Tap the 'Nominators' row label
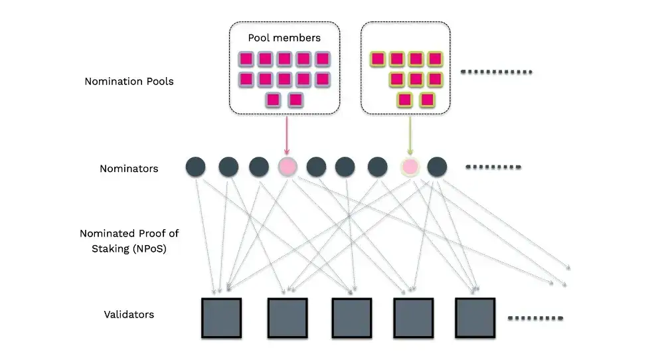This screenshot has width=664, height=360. coord(129,169)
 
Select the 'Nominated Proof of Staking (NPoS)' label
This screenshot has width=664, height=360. coord(129,240)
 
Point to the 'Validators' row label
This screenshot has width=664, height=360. coord(129,314)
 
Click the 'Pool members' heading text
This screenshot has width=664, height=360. coord(284,38)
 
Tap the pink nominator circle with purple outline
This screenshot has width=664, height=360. coord(288,167)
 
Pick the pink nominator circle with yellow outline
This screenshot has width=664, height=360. coord(410,167)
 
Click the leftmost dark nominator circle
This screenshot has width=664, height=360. coord(196,167)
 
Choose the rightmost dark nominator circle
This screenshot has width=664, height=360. coord(437,167)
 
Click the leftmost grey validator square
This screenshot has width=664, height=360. coord(221,317)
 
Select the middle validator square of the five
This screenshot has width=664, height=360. coord(351,317)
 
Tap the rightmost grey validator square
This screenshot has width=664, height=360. coord(475,317)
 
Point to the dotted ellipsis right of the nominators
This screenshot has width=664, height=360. coord(493,167)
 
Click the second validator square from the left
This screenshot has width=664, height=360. coord(288,317)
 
